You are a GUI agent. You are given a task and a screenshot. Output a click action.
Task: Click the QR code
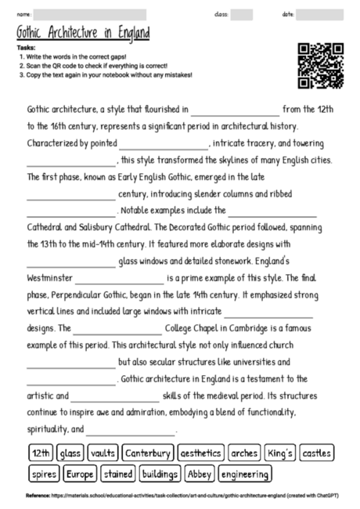click(x=321, y=65)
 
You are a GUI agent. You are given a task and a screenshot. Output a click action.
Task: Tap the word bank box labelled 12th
click(x=41, y=453)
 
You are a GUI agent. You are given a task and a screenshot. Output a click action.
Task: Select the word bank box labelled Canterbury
click(x=148, y=453)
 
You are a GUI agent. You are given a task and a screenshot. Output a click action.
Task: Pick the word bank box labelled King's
click(x=279, y=453)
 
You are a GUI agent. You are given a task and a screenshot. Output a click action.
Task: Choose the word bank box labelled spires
click(x=41, y=475)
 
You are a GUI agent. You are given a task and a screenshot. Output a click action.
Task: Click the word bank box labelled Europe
click(x=80, y=475)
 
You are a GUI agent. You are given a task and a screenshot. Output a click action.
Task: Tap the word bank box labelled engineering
click(x=246, y=475)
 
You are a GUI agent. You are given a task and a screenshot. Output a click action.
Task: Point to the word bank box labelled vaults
click(x=103, y=453)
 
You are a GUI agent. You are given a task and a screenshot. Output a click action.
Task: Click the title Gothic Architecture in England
click(x=82, y=34)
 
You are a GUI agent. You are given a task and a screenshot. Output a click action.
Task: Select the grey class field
click(x=242, y=14)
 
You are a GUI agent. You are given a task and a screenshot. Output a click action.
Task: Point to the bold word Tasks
click(x=25, y=48)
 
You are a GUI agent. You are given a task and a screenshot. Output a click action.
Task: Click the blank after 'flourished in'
click(x=234, y=110)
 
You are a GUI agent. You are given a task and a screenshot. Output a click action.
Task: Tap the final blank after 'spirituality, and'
click(x=131, y=430)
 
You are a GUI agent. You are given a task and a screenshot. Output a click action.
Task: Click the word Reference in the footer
click(x=38, y=496)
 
